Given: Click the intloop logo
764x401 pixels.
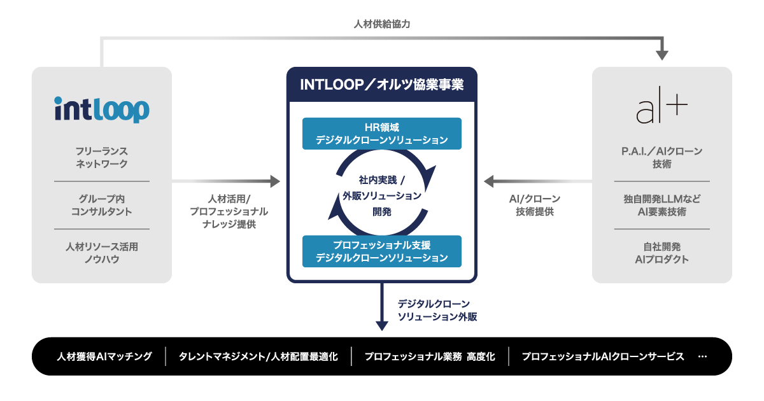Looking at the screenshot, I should [102, 109].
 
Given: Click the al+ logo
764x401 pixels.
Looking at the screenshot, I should [661, 109].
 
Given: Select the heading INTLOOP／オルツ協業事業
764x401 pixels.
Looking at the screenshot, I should [382, 85].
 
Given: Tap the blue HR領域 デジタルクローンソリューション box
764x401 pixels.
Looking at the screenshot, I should [382, 133].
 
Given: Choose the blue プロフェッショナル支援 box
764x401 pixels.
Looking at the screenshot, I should [382, 251].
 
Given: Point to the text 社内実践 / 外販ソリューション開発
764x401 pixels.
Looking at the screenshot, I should [382, 195].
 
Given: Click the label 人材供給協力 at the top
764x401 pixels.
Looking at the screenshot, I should [382, 25].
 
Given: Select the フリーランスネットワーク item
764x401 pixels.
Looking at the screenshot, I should [102, 158].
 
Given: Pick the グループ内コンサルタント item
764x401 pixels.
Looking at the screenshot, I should [102, 205].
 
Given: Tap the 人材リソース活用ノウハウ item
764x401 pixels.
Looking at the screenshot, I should [102, 253].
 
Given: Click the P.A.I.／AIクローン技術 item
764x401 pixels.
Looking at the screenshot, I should [662, 158].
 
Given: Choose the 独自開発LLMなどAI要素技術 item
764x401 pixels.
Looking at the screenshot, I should [662, 205].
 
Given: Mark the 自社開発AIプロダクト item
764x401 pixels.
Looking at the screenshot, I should [662, 253].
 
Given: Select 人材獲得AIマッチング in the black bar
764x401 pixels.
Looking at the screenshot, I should [104, 356].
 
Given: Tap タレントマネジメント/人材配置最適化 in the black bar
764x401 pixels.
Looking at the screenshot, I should [258, 356].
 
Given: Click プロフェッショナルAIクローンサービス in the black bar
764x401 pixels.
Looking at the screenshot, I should [603, 356].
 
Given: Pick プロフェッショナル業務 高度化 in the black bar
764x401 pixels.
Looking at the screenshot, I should [430, 356].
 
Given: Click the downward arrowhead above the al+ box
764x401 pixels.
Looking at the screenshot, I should [662, 55].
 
